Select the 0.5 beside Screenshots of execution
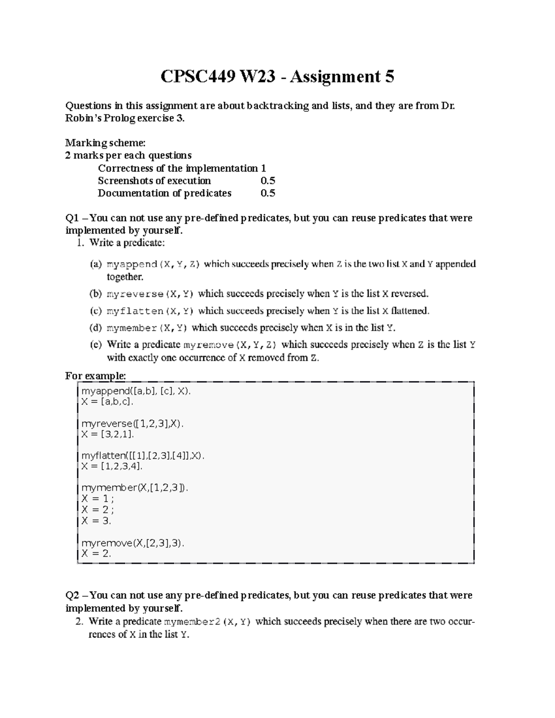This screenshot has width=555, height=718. coord(268,180)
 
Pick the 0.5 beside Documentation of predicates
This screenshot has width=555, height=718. coord(268,193)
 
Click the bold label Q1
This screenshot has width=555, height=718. coord(73,218)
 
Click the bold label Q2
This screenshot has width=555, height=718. coord(73,595)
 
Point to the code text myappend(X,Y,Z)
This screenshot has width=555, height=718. coord(153,264)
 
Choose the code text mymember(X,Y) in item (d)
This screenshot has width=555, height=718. coord(147,328)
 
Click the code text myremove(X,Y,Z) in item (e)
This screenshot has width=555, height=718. coord(230,345)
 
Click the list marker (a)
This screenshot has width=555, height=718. coord(95,264)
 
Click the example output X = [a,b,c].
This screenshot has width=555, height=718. coord(107,402)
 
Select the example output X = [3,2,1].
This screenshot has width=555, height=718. coord(107,434)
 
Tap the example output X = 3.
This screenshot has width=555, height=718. coord(96,521)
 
